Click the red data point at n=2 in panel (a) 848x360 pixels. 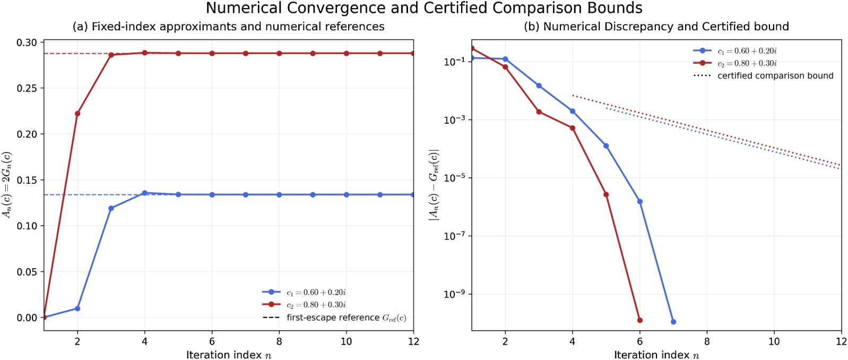click(77, 114)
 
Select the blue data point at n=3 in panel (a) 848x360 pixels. click(111, 209)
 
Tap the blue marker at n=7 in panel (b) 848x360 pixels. click(673, 322)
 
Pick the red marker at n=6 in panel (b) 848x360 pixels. click(640, 320)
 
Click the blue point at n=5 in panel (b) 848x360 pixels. click(606, 146)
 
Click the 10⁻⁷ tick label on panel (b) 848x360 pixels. click(455, 236)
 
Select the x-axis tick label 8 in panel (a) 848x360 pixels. click(279, 341)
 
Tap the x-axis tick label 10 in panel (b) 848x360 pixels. click(774, 341)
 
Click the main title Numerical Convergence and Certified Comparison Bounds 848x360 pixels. click(424, 8)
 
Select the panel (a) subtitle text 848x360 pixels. click(229, 27)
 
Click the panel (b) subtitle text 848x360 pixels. click(656, 27)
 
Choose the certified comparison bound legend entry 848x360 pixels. click(764, 76)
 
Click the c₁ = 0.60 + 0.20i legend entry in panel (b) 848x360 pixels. click(735, 51)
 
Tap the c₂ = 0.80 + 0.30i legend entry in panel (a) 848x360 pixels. click(305, 305)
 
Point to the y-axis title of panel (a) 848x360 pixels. click(7, 185)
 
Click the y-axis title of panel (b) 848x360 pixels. click(434, 185)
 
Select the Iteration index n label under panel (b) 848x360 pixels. click(656, 355)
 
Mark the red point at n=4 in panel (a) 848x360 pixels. click(145, 53)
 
